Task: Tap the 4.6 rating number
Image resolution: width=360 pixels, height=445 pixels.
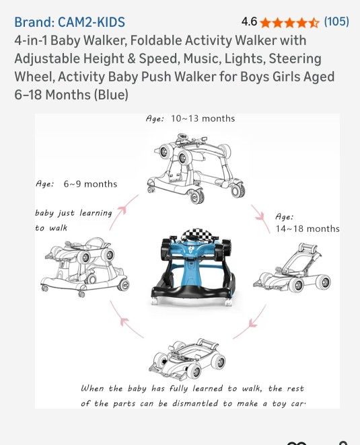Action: [x=249, y=22]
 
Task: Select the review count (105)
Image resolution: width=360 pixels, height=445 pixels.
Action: [x=336, y=22]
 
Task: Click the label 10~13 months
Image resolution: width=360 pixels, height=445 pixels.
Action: [x=203, y=118]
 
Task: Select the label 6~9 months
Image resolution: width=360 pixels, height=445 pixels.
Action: [x=90, y=184]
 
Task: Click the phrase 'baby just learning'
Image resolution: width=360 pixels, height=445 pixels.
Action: [x=74, y=213]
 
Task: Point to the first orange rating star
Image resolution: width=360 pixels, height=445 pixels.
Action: [x=266, y=23]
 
